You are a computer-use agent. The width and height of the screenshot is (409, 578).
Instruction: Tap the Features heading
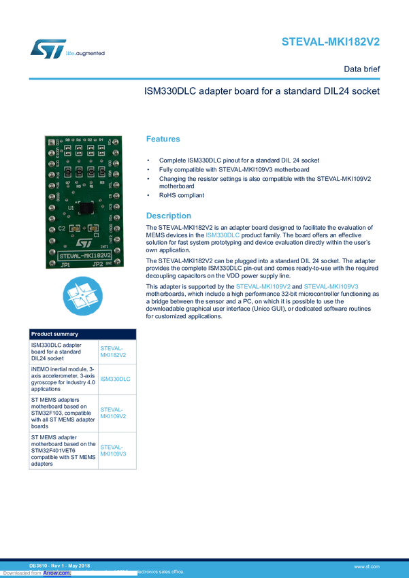[x=164, y=139]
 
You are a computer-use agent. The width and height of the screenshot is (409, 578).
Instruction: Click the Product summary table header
[x=55, y=334]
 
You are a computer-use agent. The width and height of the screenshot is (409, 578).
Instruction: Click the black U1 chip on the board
[x=86, y=208]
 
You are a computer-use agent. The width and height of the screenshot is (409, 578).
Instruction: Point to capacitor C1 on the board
[x=97, y=228]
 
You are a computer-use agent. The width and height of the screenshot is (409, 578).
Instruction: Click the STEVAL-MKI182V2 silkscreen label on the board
[x=80, y=254]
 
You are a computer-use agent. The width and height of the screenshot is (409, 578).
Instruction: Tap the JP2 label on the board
[x=97, y=264]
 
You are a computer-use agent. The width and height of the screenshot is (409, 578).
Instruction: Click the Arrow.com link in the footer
[x=57, y=573]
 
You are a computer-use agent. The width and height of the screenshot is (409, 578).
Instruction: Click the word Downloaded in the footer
[x=14, y=573]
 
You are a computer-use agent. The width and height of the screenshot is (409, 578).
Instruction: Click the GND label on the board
[x=110, y=261]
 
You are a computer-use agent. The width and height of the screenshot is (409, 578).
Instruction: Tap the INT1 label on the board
[x=103, y=245]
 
